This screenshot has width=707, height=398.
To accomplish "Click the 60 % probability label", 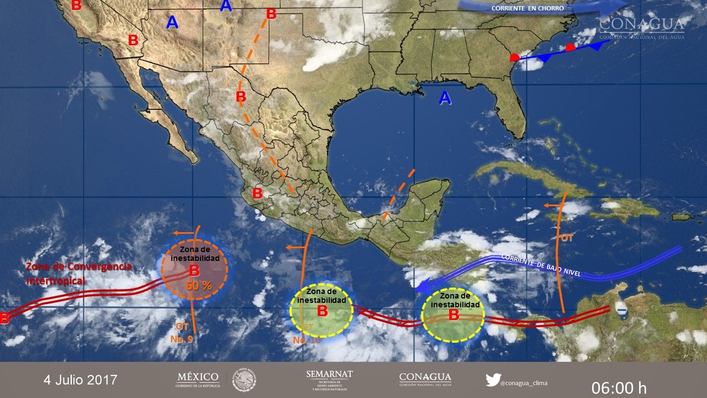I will pyautogui.click(x=199, y=286).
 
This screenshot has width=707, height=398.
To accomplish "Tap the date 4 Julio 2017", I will pyautogui.click(x=81, y=380).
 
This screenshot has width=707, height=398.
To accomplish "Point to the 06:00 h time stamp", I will pyautogui.click(x=619, y=387).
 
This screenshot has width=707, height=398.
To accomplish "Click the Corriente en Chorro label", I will pyautogui.click(x=527, y=8).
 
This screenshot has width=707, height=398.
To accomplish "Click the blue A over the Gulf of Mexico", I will pyautogui.click(x=445, y=98).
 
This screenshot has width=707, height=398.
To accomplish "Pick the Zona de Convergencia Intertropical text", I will pyautogui.click(x=78, y=274).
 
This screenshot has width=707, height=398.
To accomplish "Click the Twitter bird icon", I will pyautogui.click(x=492, y=380).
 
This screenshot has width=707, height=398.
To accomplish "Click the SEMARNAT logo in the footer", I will pyautogui.click(x=329, y=380).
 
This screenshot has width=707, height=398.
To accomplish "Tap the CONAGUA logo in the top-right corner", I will pyautogui.click(x=642, y=27).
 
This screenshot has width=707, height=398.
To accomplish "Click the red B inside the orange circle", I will pyautogui.click(x=194, y=270).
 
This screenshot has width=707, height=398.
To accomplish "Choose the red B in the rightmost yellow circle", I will pyautogui.click(x=453, y=315).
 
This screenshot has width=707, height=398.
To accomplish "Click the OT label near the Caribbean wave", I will pyautogui.click(x=567, y=238).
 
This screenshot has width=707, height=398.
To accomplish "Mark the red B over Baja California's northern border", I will pyautogui.click(x=133, y=40).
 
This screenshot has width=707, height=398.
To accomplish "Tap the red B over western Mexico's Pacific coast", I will pyautogui.click(x=257, y=193).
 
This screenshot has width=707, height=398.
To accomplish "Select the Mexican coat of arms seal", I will pyautogui.click(x=244, y=380).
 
